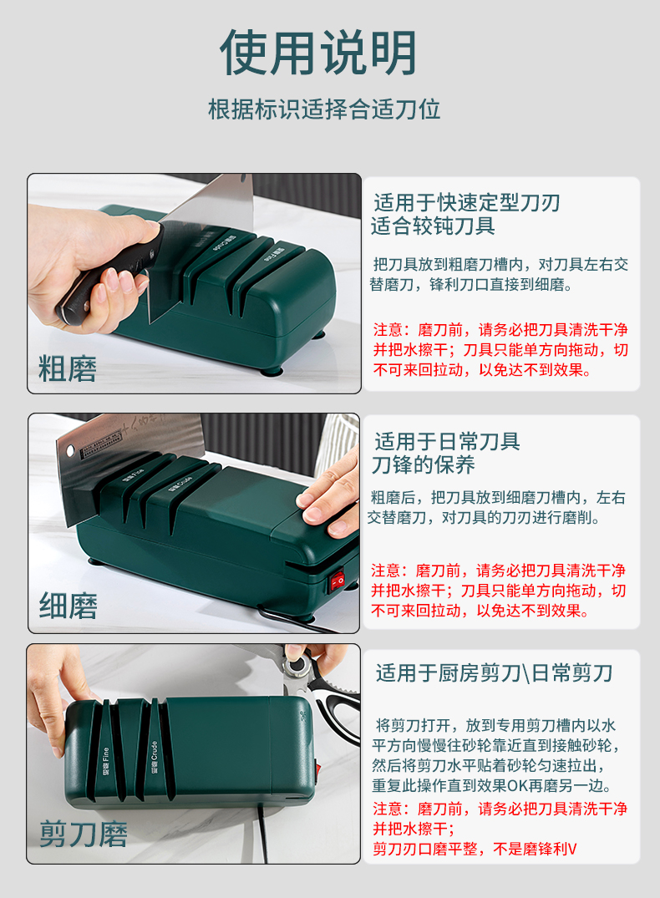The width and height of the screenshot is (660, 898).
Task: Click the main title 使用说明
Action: point(318,53)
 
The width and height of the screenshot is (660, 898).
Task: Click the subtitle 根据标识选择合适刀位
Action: point(324,109)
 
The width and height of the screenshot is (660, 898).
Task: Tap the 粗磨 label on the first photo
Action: point(68,368)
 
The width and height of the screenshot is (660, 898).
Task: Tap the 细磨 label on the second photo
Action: point(68,606)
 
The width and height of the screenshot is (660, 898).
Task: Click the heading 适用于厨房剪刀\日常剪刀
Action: point(494,672)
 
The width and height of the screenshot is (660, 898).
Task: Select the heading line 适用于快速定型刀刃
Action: point(466,202)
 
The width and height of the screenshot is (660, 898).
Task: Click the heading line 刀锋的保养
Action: point(424,464)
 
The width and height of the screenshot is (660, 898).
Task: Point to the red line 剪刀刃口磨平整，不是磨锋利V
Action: point(474,850)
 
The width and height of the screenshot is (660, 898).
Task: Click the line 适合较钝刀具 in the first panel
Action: point(434,226)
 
